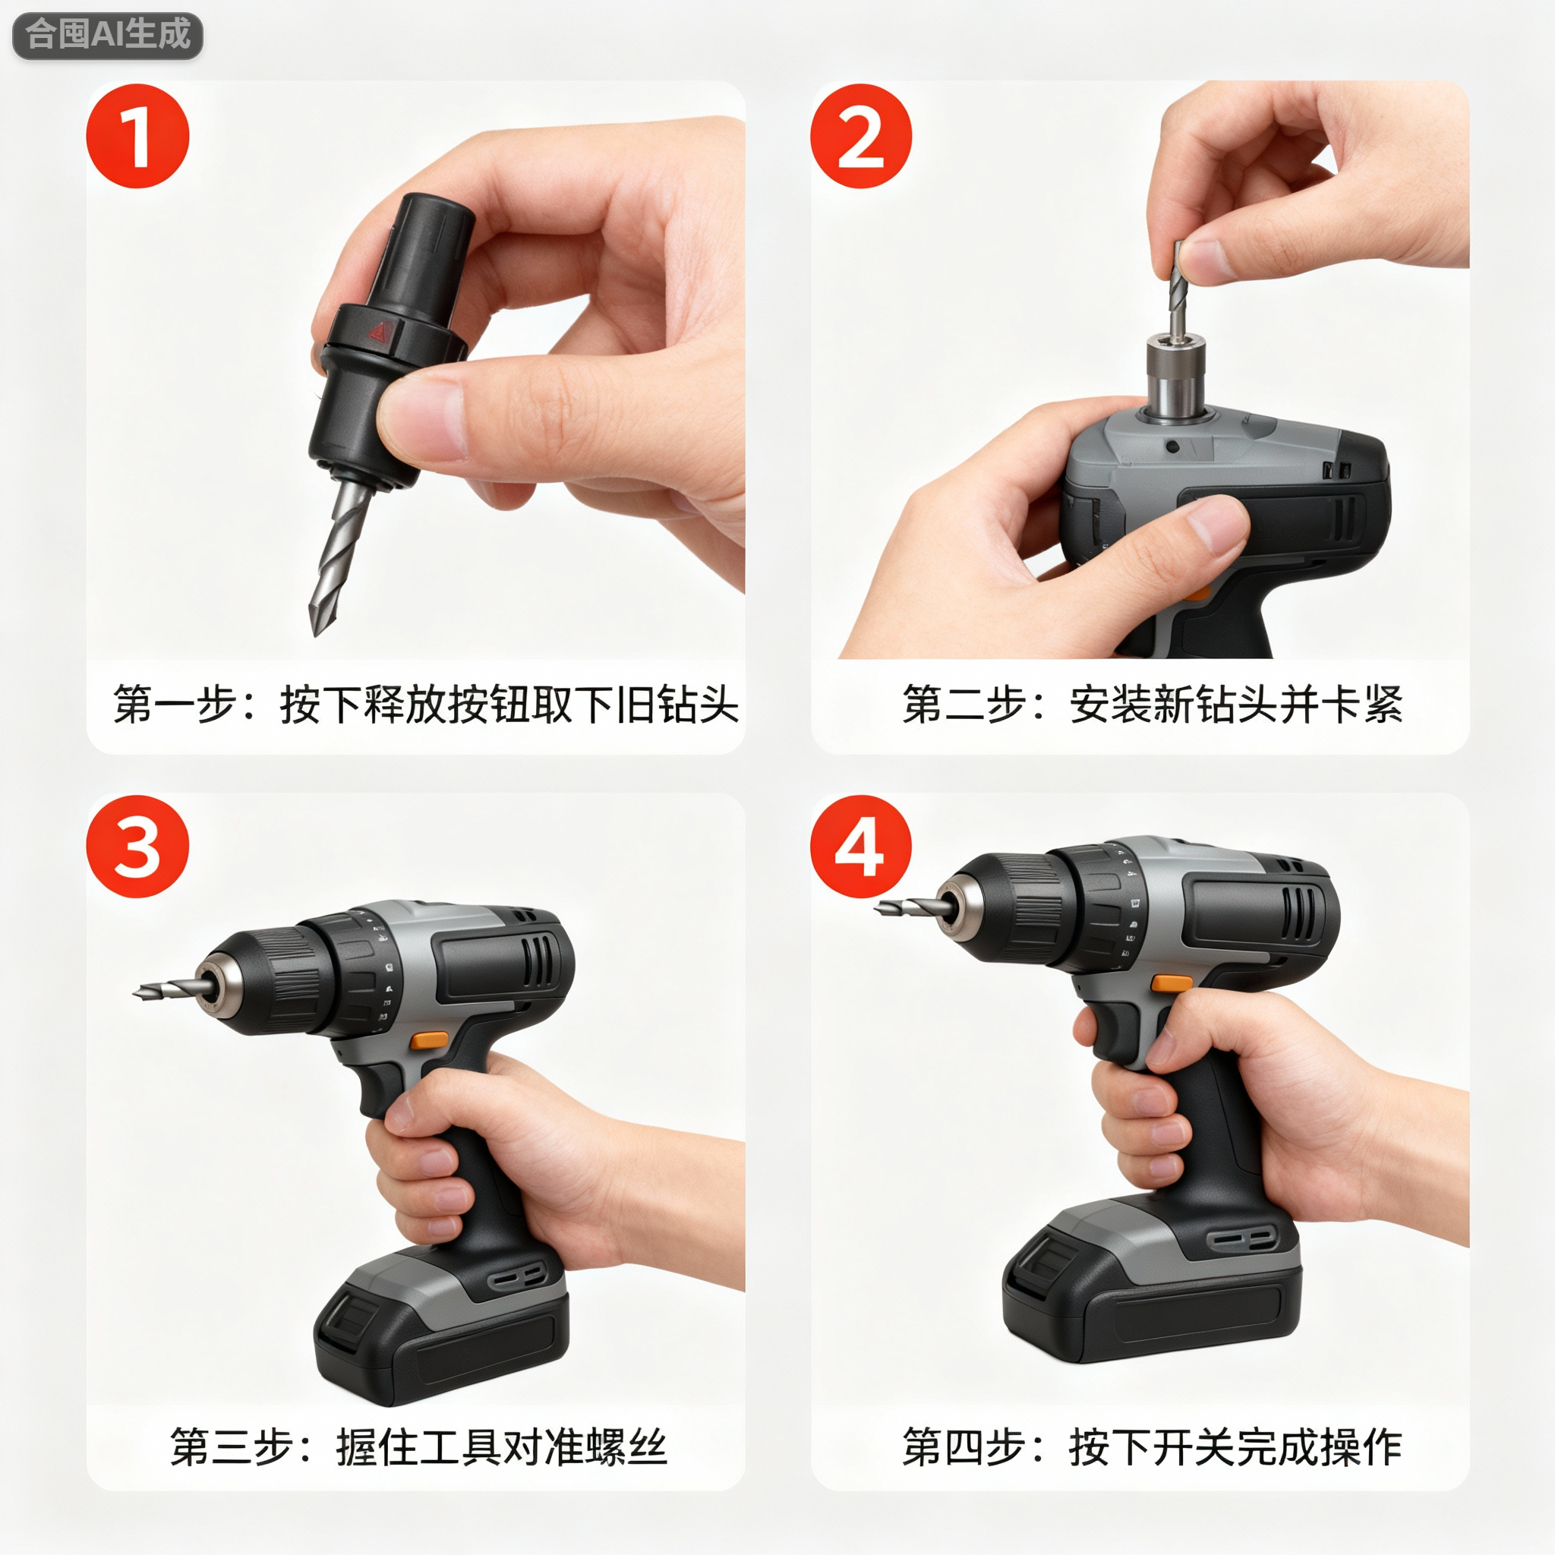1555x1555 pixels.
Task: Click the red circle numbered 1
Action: click(137, 136)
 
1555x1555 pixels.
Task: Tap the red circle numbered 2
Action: click(860, 136)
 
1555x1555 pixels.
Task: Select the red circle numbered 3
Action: click(137, 847)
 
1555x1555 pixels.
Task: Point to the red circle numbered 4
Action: click(860, 847)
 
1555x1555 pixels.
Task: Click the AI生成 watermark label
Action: click(107, 36)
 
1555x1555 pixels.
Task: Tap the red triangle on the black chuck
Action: click(377, 331)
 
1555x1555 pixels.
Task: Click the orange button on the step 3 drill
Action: click(429, 1040)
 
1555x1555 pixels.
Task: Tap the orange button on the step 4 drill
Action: click(1171, 983)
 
